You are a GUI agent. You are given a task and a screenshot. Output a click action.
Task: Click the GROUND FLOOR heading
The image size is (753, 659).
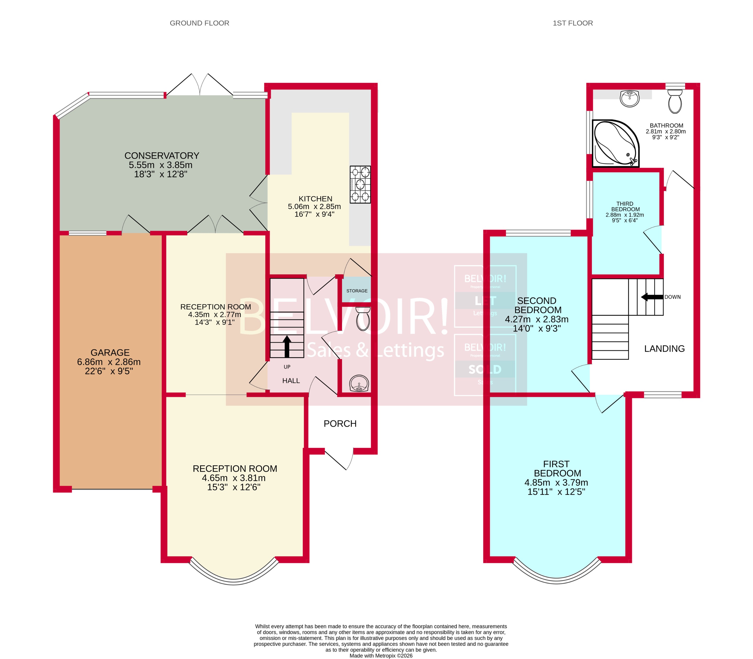tap(199, 23)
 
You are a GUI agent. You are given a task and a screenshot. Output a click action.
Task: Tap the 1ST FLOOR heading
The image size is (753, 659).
tap(572, 23)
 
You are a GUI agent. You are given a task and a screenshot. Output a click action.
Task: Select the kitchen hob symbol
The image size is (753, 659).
tap(360, 184)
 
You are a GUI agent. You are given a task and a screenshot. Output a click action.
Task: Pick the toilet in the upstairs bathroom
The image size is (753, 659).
tap(675, 102)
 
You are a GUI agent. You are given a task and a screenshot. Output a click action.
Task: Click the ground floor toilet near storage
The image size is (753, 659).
tap(363, 319)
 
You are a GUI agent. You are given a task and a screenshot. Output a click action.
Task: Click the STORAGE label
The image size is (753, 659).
tap(356, 291)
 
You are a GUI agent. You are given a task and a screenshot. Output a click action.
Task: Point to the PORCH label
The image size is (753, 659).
tap(340, 424)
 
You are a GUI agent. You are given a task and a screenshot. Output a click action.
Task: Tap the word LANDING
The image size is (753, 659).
tap(664, 349)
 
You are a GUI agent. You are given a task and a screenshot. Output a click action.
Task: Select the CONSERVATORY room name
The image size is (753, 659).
tap(162, 156)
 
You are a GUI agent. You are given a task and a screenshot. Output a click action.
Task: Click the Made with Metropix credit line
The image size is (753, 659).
tap(381, 655)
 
